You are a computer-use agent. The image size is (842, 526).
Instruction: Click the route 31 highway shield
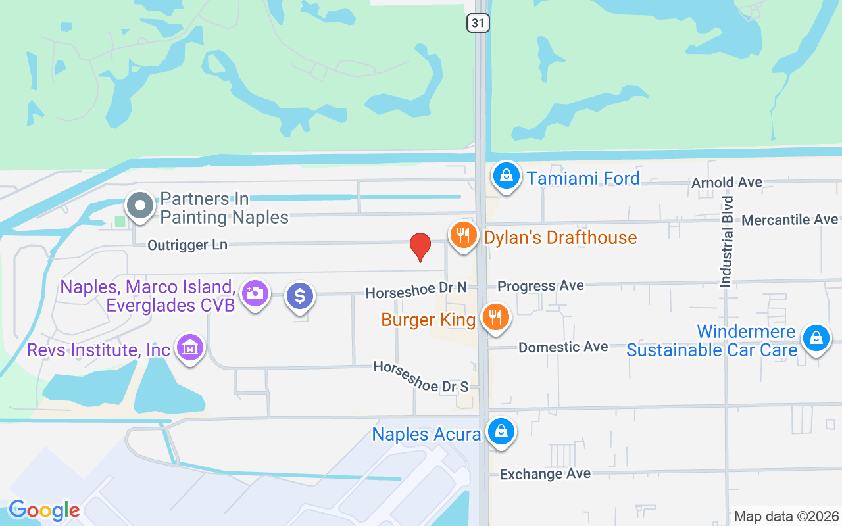[478, 23]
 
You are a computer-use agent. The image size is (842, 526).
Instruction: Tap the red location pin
[420, 247]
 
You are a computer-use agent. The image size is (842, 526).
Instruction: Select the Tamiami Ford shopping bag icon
[506, 176]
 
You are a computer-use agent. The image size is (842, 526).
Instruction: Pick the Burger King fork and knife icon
[495, 318]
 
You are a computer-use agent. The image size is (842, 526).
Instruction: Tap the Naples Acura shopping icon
[501, 432]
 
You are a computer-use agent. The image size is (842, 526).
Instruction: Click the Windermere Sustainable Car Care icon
[816, 339]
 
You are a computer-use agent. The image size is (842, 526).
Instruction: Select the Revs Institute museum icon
[191, 348]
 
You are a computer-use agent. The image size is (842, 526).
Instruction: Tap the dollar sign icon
[300, 296]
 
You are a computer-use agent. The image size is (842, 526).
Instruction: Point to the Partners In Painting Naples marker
[139, 206]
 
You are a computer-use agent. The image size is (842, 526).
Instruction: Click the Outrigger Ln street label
[187, 245]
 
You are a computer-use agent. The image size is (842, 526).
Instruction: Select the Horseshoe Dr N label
[416, 290]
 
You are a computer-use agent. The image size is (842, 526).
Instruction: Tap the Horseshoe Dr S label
[421, 377]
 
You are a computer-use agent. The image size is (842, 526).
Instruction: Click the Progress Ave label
[541, 286]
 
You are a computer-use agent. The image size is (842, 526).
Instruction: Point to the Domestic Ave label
[563, 347]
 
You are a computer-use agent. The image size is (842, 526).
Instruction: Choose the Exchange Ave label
[545, 474]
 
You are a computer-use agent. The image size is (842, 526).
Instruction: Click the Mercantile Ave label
[789, 220]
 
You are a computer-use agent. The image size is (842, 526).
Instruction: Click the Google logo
[44, 510]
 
